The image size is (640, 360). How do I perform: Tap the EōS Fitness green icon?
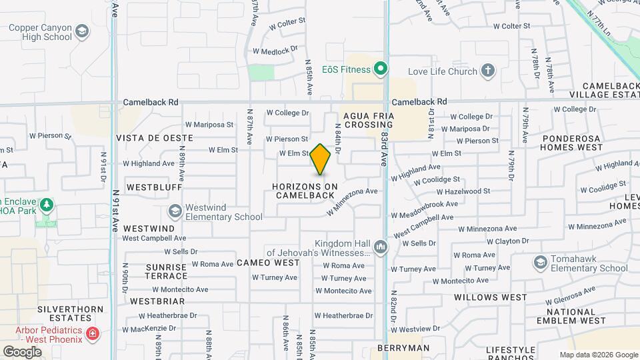[x=381, y=69]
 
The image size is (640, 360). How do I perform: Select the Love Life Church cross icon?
[x=488, y=71]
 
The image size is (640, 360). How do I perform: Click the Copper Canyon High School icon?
[x=82, y=31]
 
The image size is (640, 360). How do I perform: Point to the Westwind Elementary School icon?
[x=175, y=211]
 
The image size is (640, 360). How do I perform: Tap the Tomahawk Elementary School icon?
[x=540, y=263]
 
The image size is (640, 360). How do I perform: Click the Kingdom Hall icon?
[x=381, y=247]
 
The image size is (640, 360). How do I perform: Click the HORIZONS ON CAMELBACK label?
[x=305, y=190]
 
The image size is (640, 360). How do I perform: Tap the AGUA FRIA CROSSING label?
[x=366, y=120]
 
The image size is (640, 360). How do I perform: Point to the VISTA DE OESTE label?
[x=155, y=138]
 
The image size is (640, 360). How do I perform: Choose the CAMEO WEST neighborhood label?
[x=268, y=263]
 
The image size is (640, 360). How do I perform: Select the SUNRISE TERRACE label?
[x=167, y=271]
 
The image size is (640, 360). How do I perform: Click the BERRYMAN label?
[x=403, y=348]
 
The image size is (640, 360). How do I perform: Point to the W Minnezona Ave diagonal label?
[x=352, y=201]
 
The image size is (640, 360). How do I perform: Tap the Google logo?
[x=22, y=351]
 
